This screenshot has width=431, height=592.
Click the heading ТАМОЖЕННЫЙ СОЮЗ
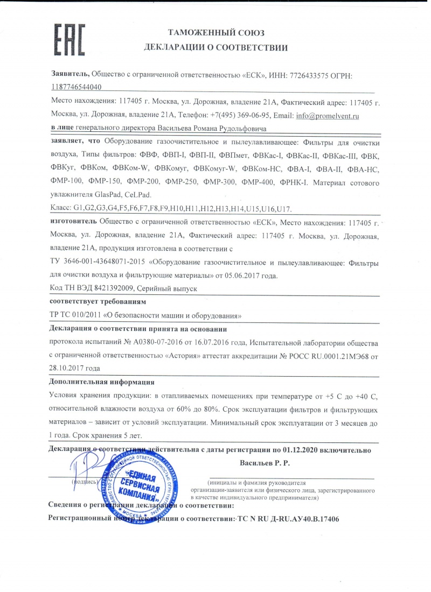click(x=215, y=33)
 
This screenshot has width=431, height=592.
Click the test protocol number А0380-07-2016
click(x=152, y=342)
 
